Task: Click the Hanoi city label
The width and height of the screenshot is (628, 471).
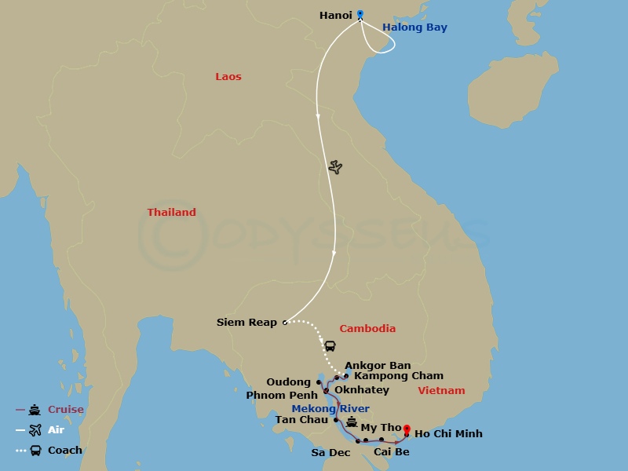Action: pos(335,15)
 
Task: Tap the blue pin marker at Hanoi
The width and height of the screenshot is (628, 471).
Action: pos(360,14)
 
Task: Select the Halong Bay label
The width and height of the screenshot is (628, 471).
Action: pos(414,27)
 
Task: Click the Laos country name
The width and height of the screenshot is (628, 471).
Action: pos(228,77)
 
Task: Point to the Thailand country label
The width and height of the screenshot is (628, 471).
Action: pos(172,213)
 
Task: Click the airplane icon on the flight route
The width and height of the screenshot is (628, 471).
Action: pos(336,167)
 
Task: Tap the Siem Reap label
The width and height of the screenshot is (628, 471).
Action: pos(247,323)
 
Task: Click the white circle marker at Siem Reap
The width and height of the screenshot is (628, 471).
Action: pos(285,322)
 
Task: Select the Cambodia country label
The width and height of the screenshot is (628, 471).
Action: pos(367,329)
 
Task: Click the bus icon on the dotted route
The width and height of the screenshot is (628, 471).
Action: pos(330,345)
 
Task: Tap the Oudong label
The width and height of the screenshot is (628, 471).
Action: pos(289,382)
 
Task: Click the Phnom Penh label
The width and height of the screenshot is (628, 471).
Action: pos(282,395)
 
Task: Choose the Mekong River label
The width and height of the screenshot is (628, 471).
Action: pos(330,409)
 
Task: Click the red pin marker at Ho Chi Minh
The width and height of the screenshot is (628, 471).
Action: pos(407,429)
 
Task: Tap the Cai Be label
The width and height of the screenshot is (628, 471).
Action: pos(392,452)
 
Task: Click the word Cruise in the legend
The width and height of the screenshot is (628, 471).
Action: pos(65,410)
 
